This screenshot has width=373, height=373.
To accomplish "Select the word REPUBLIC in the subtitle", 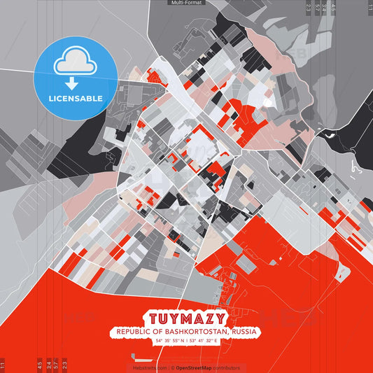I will click(x=136, y=331).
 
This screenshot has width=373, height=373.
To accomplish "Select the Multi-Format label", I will click(x=186, y=3).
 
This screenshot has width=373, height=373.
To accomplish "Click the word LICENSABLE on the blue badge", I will click(x=76, y=99).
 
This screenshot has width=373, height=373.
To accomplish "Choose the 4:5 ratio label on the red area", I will click(x=39, y=365).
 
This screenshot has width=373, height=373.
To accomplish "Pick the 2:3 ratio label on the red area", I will click(x=64, y=365).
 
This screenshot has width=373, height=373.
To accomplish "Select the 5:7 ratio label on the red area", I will click(x=55, y=365).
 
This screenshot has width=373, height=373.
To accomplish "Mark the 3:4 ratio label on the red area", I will click(x=48, y=365).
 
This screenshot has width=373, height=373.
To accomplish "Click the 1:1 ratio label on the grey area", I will click(x=369, y=7).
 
